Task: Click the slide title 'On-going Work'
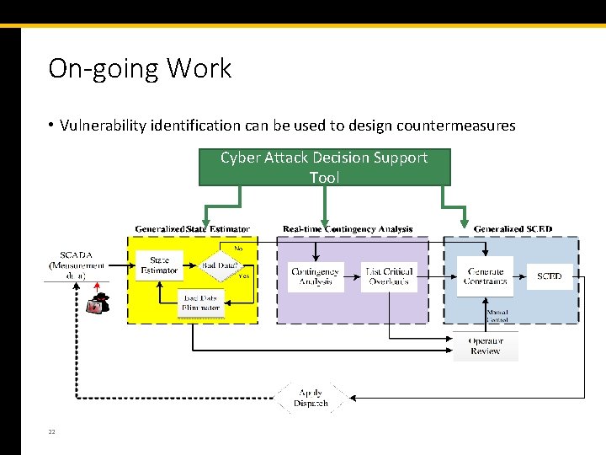click(x=140, y=68)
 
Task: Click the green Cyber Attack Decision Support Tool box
click(x=324, y=167)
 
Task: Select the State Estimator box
click(x=159, y=265)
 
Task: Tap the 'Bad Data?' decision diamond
click(x=219, y=265)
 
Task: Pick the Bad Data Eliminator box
click(x=200, y=302)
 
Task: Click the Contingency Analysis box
click(x=315, y=276)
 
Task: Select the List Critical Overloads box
click(x=388, y=276)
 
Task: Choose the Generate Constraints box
click(x=485, y=276)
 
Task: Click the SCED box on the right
click(x=550, y=276)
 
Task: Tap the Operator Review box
click(x=486, y=346)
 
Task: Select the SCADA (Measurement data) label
click(x=77, y=265)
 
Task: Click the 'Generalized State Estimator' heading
click(x=192, y=229)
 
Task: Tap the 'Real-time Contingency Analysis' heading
click(x=348, y=229)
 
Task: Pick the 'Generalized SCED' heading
click(x=513, y=229)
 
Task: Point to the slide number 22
click(x=51, y=431)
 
